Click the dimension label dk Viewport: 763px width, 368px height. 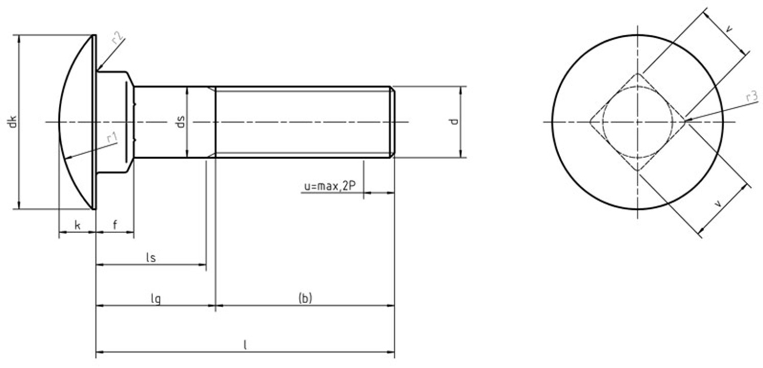13,121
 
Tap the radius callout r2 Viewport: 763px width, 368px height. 117,38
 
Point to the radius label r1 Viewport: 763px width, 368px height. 112,138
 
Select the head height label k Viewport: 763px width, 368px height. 78,225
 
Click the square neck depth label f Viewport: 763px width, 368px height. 115,225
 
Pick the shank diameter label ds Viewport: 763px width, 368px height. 181,121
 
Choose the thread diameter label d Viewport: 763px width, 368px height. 454,121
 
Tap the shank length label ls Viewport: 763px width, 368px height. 151,258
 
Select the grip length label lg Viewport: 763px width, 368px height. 156,299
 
